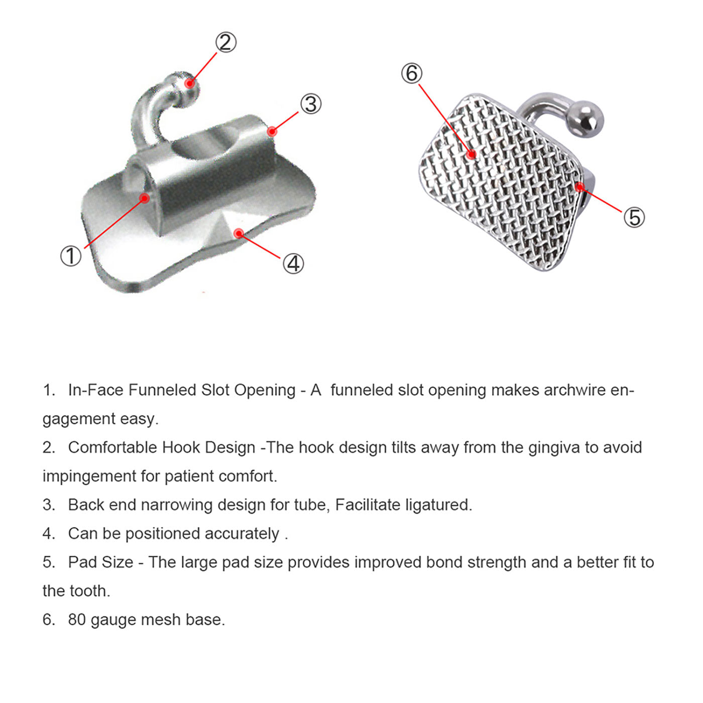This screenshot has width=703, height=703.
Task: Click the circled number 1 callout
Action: click(71, 256)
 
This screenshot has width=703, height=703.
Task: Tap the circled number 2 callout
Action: click(226, 42)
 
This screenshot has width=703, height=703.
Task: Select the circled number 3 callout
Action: click(311, 104)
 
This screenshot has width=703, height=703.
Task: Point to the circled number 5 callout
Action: click(634, 217)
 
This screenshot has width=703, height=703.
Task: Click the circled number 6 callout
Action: click(412, 73)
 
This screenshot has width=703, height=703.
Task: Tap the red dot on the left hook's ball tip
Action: click(189, 83)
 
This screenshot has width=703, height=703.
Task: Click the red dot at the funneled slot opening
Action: click(145, 198)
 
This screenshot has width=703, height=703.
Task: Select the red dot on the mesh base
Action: click(472, 154)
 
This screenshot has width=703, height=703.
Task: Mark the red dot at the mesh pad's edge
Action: click(579, 187)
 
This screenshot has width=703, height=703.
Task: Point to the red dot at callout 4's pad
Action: click(239, 233)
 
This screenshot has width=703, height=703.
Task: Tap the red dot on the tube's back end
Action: click(272, 132)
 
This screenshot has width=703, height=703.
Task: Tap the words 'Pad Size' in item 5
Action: click(101, 562)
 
